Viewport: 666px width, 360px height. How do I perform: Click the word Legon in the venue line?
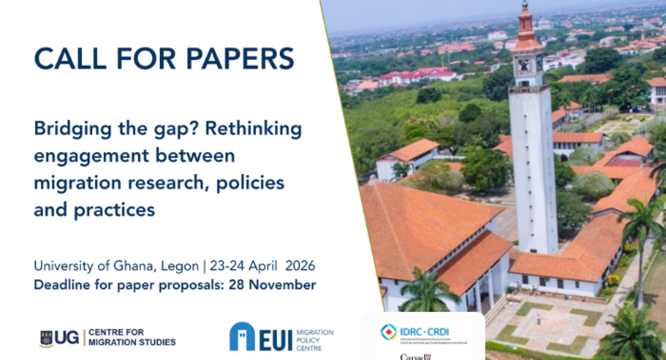[176, 267]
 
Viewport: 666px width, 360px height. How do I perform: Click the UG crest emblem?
[46, 339]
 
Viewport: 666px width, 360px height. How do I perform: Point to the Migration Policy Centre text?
[314, 340]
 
